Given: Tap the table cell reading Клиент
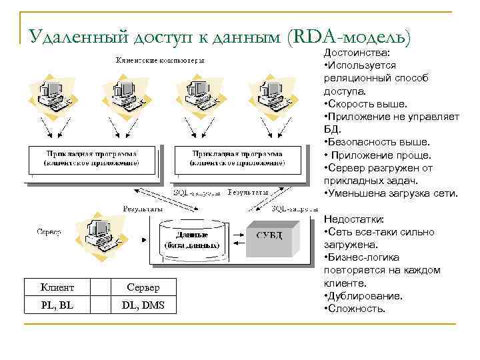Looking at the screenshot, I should pyautogui.click(x=57, y=287).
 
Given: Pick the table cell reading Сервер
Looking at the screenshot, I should pyautogui.click(x=143, y=287).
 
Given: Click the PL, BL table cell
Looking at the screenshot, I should pyautogui.click(x=57, y=306).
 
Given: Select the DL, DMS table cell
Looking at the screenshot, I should pyautogui.click(x=143, y=306).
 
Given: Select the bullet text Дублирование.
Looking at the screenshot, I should pyautogui.click(x=364, y=296).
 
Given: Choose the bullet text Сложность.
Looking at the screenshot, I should pyautogui.click(x=356, y=309).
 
